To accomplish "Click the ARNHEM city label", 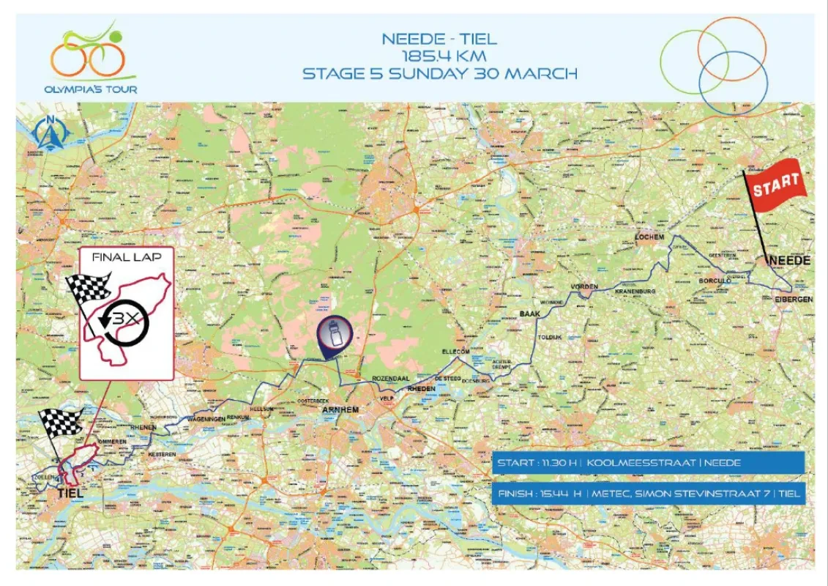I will (x=340, y=409).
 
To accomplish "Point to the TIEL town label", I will (x=70, y=494).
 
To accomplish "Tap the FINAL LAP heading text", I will (x=126, y=258).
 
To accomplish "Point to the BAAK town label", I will (x=529, y=313).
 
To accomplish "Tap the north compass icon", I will (x=51, y=132).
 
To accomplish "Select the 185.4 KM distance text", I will (x=439, y=56).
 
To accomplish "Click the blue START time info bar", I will (x=649, y=463).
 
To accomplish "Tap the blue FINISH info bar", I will (x=649, y=494).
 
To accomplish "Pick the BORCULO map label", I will (x=715, y=281).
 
